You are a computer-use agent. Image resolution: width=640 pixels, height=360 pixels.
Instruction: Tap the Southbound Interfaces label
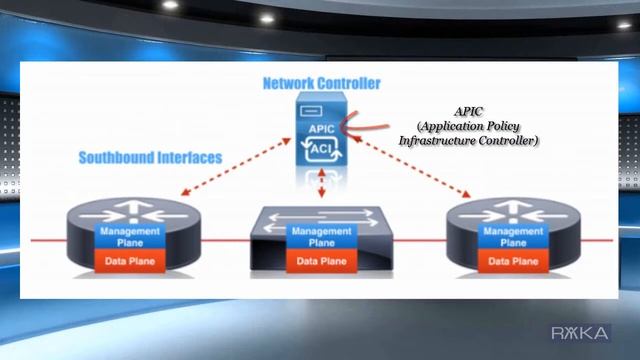point(150,157)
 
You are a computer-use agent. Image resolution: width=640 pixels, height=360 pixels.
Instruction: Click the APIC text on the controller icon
point(320,129)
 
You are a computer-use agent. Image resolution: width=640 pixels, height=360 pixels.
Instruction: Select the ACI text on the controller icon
point(321,148)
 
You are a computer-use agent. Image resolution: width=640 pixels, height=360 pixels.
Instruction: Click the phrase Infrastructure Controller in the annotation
point(469,142)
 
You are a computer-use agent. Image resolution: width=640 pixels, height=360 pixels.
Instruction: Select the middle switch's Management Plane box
point(320,237)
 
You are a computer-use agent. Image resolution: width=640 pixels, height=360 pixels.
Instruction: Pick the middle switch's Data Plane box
point(320,262)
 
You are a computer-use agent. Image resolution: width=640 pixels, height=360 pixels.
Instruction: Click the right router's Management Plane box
point(505,236)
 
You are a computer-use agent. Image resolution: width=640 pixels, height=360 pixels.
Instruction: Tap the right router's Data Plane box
point(505,262)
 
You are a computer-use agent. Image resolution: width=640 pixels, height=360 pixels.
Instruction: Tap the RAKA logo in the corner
point(582,333)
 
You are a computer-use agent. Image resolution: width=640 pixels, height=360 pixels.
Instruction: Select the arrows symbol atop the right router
point(505,213)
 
